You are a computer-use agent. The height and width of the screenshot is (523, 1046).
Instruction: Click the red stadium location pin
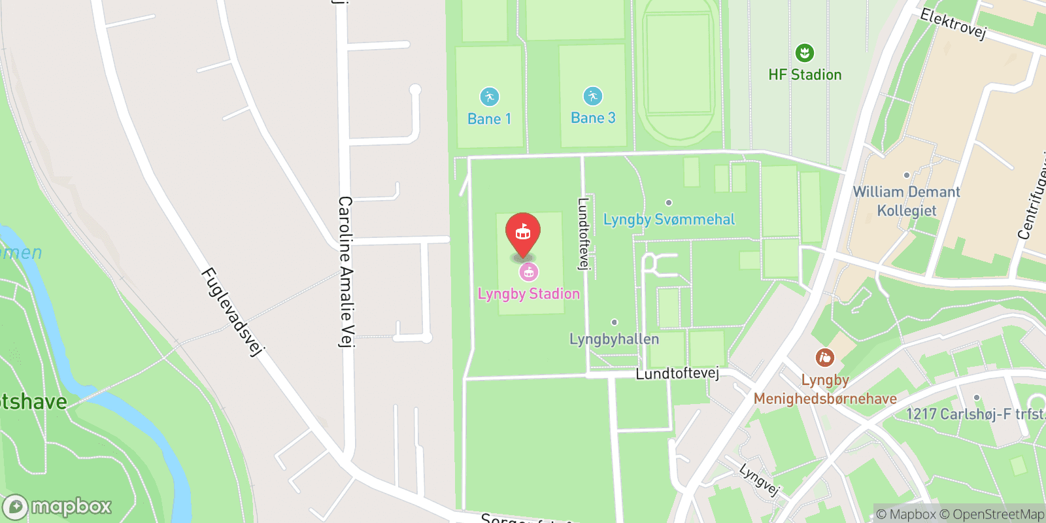pyautogui.click(x=523, y=233)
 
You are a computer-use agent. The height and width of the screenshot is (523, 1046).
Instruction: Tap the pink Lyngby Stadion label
pyautogui.click(x=528, y=294)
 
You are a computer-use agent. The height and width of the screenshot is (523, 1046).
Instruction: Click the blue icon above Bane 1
pyautogui.click(x=489, y=97)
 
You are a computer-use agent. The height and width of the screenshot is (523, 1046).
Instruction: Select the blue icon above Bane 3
pyautogui.click(x=592, y=96)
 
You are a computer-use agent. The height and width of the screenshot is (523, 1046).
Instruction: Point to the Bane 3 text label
pyautogui.click(x=593, y=118)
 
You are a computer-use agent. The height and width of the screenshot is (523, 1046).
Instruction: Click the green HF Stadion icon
pyautogui.click(x=804, y=53)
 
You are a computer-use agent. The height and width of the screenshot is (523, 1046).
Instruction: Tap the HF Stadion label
pyautogui.click(x=805, y=75)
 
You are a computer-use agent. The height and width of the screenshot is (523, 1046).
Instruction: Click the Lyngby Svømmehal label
pyautogui.click(x=669, y=220)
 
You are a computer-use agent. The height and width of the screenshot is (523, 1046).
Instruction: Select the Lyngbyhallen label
pyautogui.click(x=614, y=339)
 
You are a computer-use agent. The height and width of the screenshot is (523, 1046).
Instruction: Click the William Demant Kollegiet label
pyautogui.click(x=906, y=201)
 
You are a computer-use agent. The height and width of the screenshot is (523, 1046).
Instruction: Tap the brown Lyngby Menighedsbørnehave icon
pyautogui.click(x=824, y=358)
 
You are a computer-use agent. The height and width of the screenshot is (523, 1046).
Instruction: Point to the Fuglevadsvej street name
pyautogui.click(x=232, y=312)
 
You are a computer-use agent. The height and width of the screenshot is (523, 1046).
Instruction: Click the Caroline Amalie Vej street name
pyautogui.click(x=346, y=271)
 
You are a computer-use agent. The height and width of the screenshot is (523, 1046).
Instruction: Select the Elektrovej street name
pyautogui.click(x=953, y=24)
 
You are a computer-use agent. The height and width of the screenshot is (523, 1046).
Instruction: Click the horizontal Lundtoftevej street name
pyautogui.click(x=677, y=373)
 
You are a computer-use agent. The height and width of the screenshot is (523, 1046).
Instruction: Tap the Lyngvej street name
pyautogui.click(x=760, y=479)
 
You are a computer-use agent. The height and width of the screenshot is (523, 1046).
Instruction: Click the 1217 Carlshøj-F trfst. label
pyautogui.click(x=974, y=414)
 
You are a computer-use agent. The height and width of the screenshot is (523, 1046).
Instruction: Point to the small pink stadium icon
pyautogui.click(x=528, y=272)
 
